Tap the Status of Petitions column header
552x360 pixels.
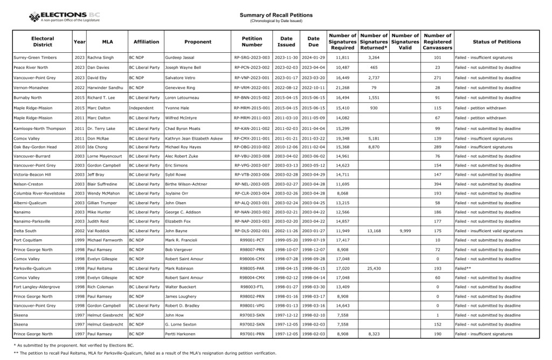(x=496, y=41)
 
